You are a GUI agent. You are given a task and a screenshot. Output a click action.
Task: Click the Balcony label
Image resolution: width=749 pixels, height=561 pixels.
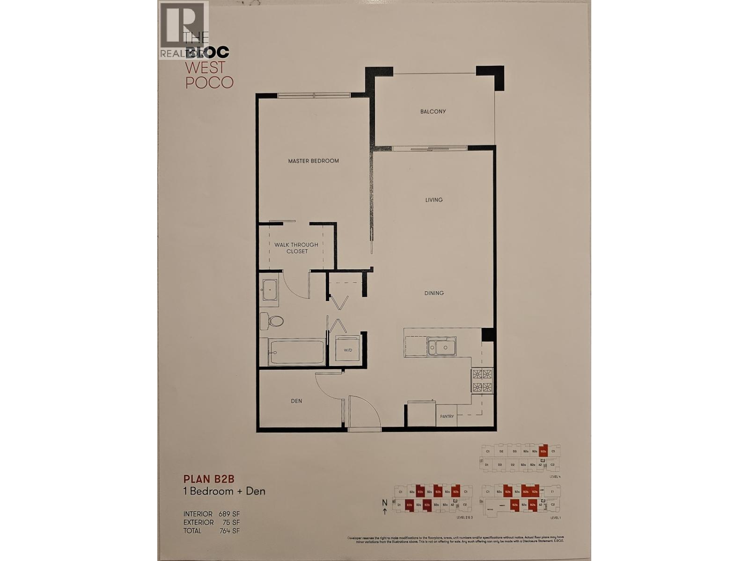433,112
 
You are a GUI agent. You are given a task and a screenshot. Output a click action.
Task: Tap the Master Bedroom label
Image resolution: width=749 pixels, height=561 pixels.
313,161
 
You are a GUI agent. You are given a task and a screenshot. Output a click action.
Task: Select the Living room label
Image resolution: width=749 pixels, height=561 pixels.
434,200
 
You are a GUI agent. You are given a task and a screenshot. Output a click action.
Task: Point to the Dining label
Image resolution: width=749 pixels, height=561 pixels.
434,293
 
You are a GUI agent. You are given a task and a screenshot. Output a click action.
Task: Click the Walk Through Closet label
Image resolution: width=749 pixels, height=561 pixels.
296,248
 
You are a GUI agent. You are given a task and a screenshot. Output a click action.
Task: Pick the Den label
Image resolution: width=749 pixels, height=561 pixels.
296,401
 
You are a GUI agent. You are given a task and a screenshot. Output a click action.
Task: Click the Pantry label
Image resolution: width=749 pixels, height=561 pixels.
447,416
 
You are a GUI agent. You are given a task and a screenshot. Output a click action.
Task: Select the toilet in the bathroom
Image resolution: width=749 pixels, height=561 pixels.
273,321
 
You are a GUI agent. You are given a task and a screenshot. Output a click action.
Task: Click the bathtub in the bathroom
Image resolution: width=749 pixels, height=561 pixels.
297,352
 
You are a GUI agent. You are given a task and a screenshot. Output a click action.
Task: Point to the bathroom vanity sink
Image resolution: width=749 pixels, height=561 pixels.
269,289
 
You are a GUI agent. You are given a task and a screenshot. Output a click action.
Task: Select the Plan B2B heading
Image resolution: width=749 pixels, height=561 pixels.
208,479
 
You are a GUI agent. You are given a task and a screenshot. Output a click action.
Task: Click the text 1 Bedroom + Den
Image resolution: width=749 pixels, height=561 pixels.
224,491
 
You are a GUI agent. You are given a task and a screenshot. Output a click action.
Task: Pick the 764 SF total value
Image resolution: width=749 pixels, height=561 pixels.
229,531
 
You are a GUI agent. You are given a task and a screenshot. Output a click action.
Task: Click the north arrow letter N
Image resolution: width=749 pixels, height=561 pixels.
384,503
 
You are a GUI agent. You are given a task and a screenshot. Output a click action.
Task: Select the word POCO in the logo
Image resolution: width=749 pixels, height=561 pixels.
209,83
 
